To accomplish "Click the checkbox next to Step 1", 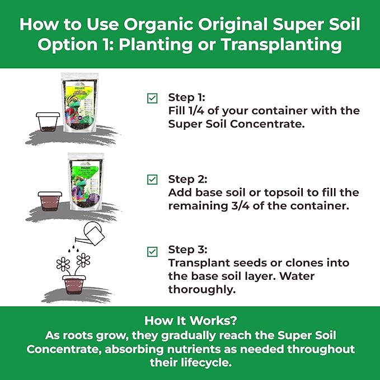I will point(152,98).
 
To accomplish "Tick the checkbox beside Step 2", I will point(152,180).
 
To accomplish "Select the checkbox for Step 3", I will point(152,251).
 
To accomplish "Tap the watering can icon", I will point(94,234).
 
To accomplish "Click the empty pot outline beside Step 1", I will point(48,123).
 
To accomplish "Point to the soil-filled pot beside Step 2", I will point(49,201).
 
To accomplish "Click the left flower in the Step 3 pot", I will point(63,263).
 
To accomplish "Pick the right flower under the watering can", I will point(83,259).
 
